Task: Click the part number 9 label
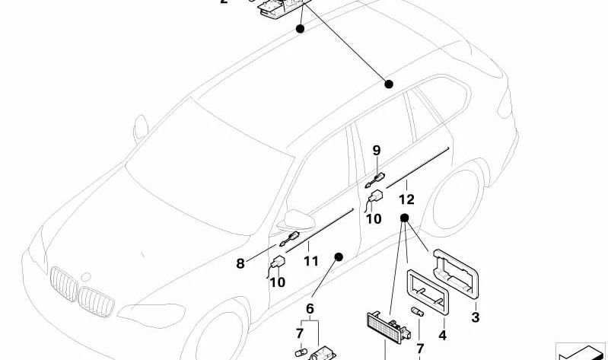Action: (376, 151)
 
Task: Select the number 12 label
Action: (406, 200)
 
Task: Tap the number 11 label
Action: (310, 261)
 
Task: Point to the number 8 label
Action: (240, 264)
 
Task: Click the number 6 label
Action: (310, 308)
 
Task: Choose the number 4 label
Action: (442, 335)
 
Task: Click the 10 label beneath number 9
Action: (374, 219)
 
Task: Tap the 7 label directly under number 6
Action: (300, 333)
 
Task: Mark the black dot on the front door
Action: (339, 256)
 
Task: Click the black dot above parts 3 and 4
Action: (404, 218)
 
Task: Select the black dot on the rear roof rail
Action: (389, 84)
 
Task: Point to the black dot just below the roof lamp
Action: (300, 29)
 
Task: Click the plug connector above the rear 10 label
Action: (374, 199)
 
